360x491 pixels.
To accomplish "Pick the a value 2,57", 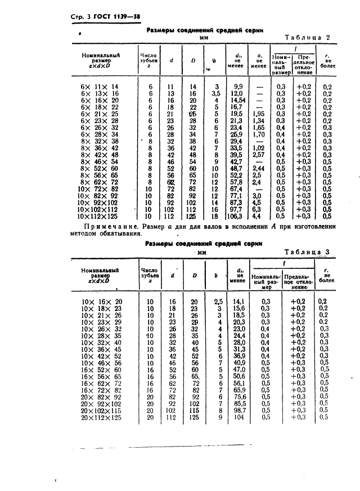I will [x=258, y=154].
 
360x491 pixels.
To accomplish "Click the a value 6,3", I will [x=258, y=209].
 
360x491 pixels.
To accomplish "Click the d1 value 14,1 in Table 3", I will [x=239, y=301].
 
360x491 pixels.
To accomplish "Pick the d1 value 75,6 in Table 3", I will [x=239, y=397].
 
